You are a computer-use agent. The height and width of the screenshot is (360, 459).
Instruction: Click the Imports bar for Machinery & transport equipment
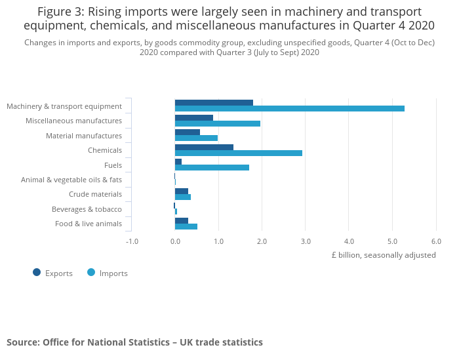point(289,109)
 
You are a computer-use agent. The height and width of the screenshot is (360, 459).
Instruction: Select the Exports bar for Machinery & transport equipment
point(214,102)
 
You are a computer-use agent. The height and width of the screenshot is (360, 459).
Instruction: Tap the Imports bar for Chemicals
point(238,153)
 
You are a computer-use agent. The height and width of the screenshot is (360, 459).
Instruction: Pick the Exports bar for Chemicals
point(204,147)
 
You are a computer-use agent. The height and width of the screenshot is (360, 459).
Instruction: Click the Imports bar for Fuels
point(212,167)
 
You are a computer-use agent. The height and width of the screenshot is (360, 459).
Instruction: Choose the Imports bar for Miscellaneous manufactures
point(217,123)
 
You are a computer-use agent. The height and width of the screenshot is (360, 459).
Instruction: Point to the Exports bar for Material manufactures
point(188,132)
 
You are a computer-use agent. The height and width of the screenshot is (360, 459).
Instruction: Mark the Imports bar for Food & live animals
point(186,227)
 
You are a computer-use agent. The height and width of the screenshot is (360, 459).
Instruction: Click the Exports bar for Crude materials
point(182,191)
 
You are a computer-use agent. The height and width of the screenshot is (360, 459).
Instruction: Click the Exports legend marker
point(37,273)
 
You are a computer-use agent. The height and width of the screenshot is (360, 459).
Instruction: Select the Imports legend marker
point(91,273)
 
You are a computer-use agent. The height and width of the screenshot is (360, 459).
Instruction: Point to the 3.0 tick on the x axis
point(306,241)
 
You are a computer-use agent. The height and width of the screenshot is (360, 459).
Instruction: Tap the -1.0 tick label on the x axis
point(132,241)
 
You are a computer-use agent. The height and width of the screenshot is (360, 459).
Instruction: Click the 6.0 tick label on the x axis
point(436,241)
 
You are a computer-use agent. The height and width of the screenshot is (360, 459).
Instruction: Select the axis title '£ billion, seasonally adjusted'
point(383,255)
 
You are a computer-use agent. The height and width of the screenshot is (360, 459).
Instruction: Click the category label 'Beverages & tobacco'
point(87,209)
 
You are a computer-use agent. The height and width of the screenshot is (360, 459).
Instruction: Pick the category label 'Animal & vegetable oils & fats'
point(71,180)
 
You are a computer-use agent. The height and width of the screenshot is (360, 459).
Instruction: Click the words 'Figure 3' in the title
point(61,12)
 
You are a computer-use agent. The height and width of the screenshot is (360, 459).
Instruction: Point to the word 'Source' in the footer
point(22,342)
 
